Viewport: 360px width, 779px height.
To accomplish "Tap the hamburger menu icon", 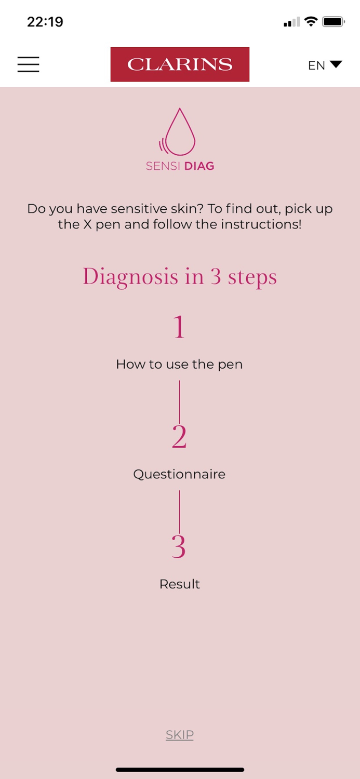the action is tap(28, 64).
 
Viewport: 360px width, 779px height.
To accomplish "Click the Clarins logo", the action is tap(180, 64).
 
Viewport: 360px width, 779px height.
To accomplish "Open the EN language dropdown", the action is tap(325, 65).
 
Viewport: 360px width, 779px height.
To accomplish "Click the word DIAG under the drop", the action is tap(199, 166).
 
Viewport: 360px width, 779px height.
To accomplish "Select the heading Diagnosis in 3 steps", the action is tap(180, 277).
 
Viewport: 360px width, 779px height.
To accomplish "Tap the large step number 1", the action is tap(179, 327).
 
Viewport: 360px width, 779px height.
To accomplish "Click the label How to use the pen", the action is tap(179, 365).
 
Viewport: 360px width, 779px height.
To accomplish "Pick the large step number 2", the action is tap(179, 436).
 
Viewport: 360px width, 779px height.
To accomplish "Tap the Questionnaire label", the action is tap(179, 474).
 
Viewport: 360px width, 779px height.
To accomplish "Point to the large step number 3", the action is tap(179, 546).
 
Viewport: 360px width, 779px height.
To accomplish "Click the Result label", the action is tap(179, 584).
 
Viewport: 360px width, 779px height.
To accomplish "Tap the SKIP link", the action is tap(179, 734).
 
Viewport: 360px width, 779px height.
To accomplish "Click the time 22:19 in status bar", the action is tap(45, 22).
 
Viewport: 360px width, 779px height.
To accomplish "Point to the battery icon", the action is tap(333, 22).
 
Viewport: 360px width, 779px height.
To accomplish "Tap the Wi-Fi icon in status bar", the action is tap(311, 21).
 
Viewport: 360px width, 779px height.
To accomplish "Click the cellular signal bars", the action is tap(291, 22).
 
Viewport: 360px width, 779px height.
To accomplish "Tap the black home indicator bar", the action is tap(180, 770).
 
